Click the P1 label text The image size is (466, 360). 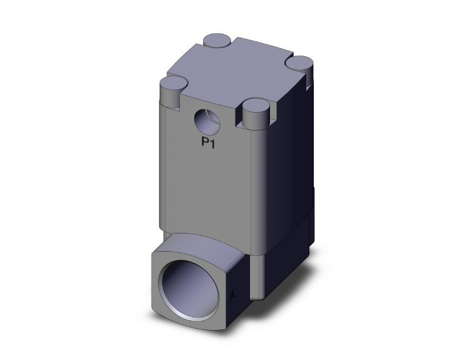pyautogui.click(x=209, y=142)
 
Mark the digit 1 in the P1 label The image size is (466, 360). pyautogui.click(x=214, y=142)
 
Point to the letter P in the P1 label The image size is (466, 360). pyautogui.click(x=205, y=142)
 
